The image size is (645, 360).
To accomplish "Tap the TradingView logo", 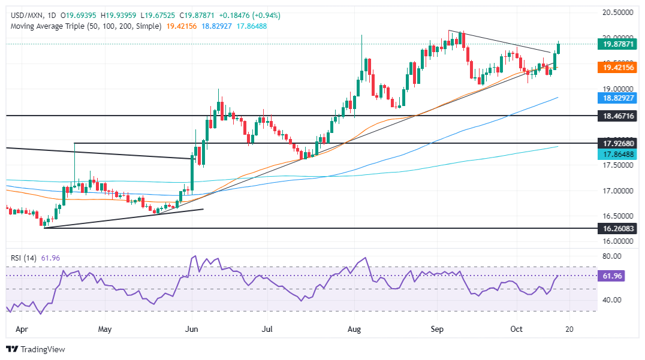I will (36, 349).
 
